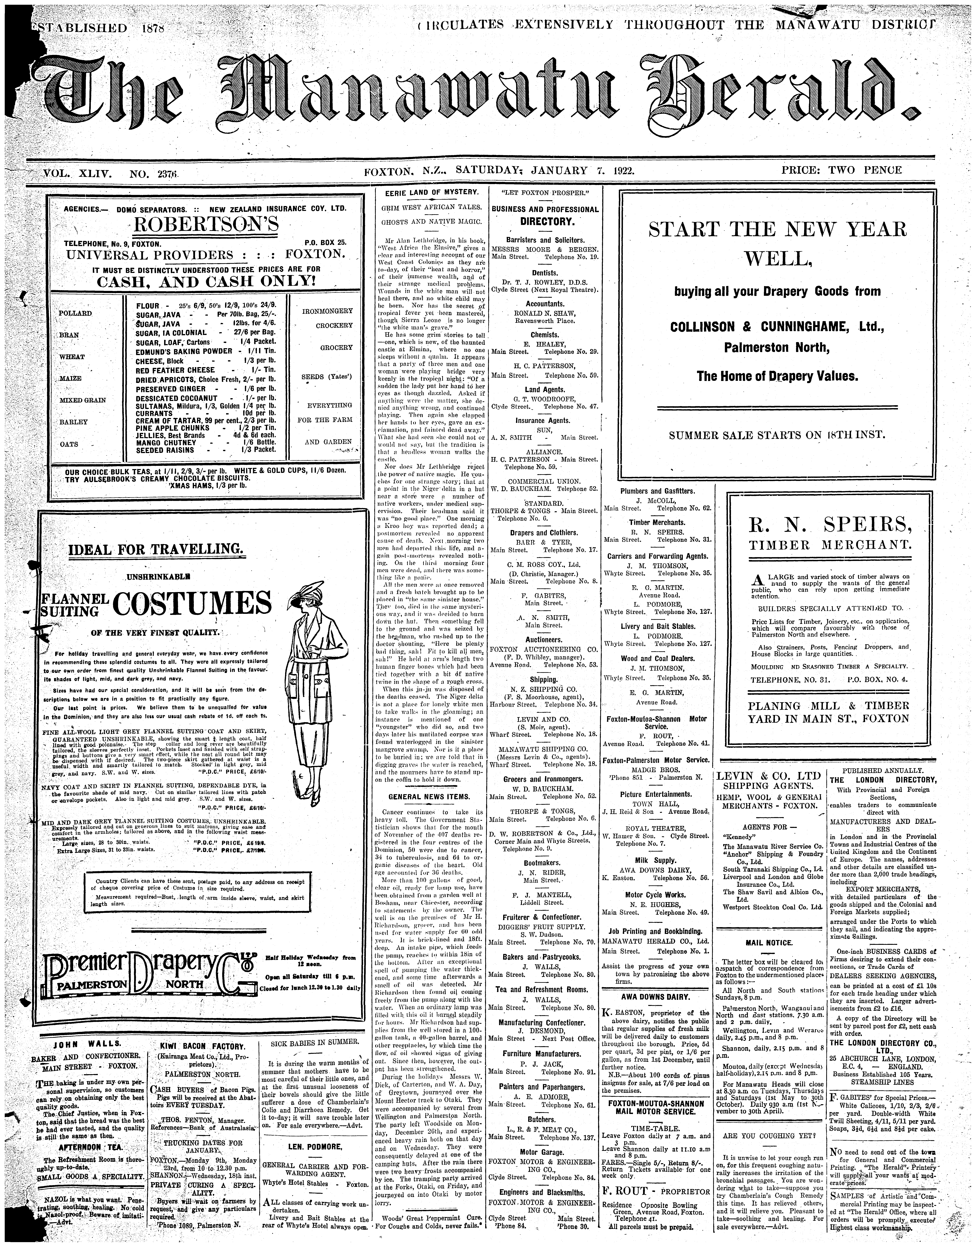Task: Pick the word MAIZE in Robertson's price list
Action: (70, 378)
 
